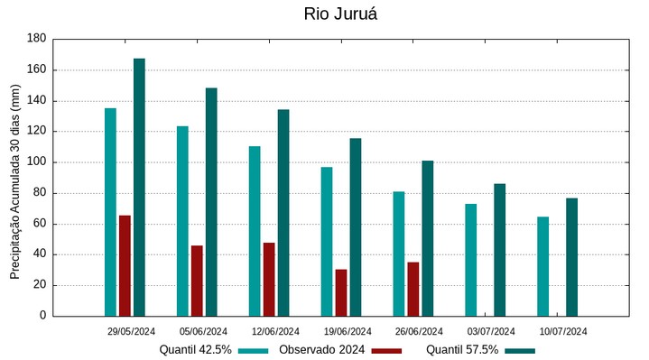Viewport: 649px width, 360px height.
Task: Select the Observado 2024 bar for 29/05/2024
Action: pyautogui.click(x=125, y=265)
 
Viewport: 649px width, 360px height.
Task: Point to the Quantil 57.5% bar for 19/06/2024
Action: pyautogui.click(x=356, y=226)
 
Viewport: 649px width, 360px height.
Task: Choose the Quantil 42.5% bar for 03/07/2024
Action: pyautogui.click(x=471, y=260)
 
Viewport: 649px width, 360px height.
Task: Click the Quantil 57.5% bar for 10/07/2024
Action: pyautogui.click(x=572, y=257)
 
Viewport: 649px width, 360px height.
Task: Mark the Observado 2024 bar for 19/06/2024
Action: pyautogui.click(x=341, y=292)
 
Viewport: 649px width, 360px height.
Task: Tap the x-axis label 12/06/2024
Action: pyautogui.click(x=275, y=331)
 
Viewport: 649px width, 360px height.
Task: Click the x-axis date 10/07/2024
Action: pyautogui.click(x=564, y=331)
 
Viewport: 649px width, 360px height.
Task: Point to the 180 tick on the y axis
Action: pyautogui.click(x=36, y=39)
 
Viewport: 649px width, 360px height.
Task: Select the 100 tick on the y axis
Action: pyautogui.click(x=36, y=162)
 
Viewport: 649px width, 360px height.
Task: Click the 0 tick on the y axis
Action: pyautogui.click(x=42, y=316)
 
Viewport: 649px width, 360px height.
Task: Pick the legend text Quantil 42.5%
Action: pyautogui.click(x=196, y=350)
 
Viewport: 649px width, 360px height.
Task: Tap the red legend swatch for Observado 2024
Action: pyautogui.click(x=386, y=350)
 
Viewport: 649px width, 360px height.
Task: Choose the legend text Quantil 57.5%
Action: pyautogui.click(x=462, y=350)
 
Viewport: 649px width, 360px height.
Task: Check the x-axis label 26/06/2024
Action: pyautogui.click(x=420, y=331)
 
